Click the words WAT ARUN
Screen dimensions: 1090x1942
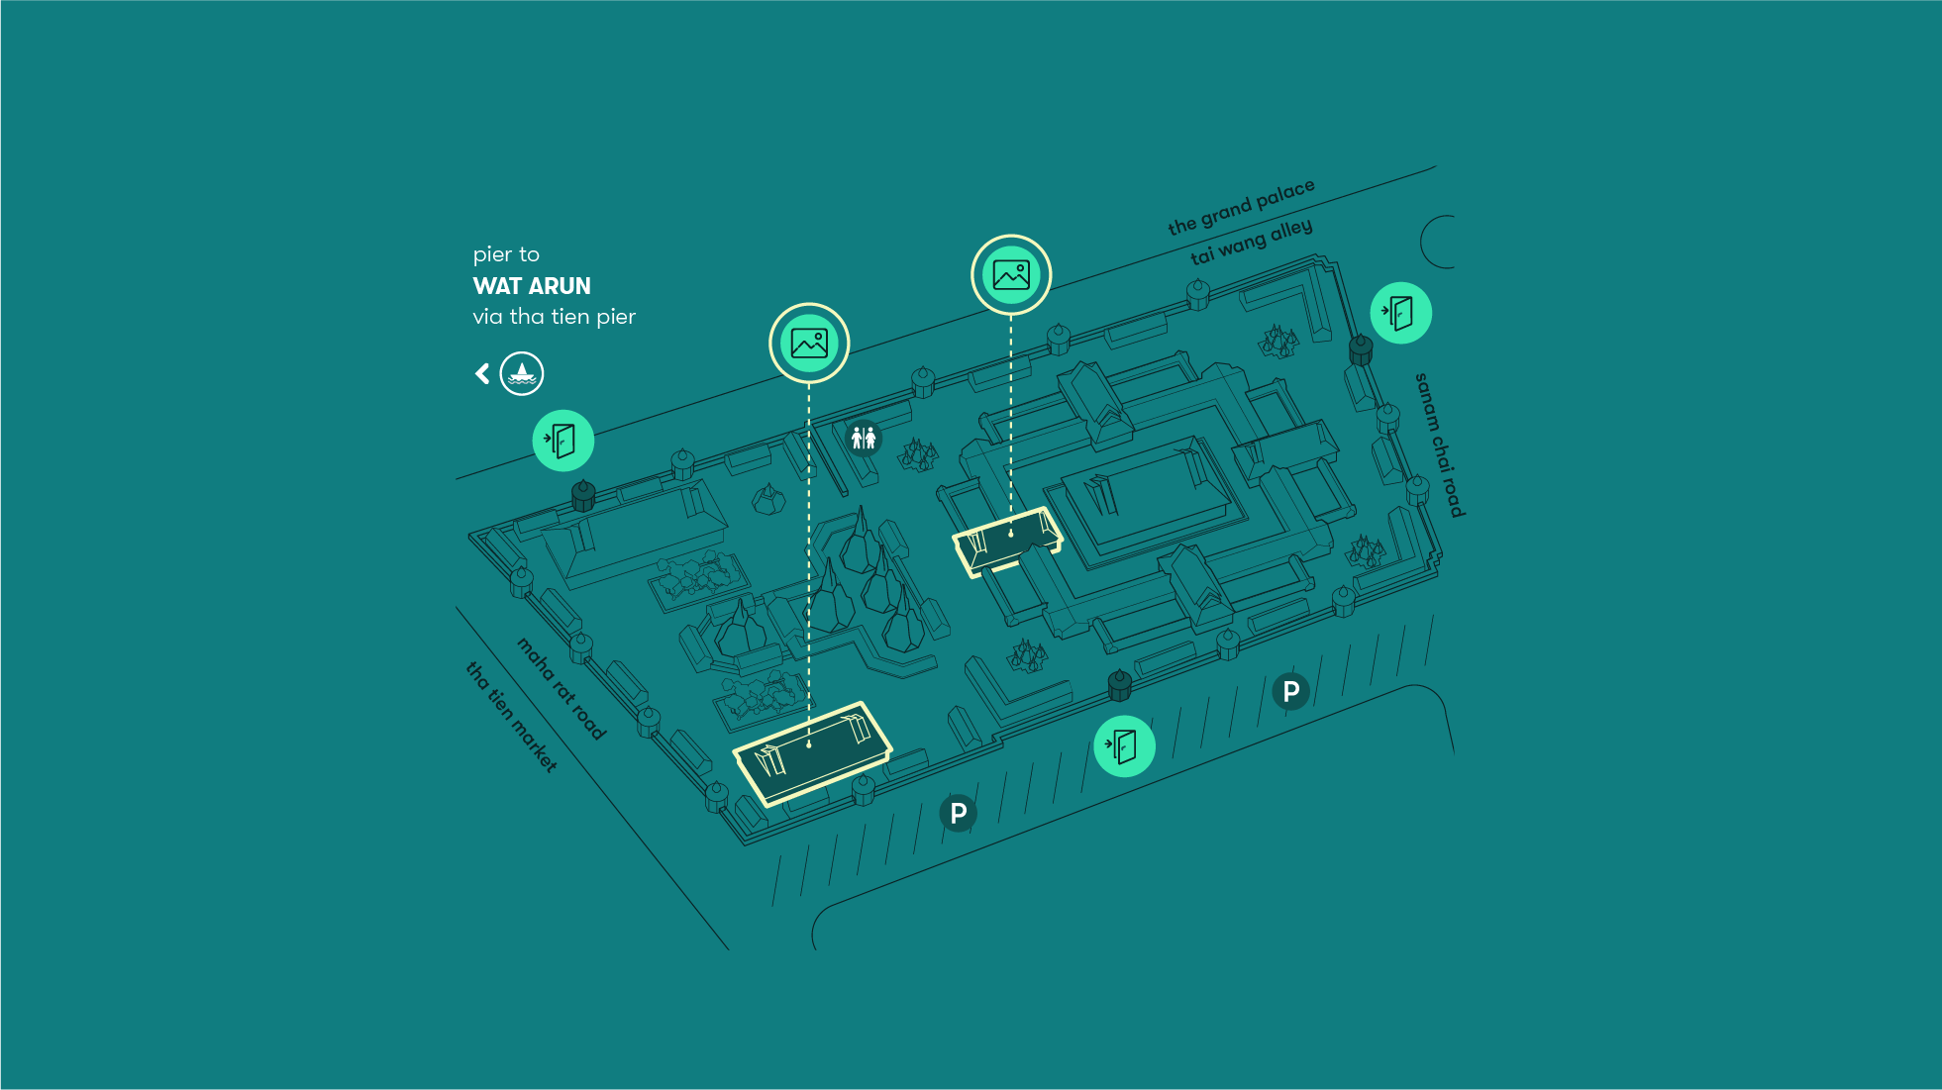tap(532, 286)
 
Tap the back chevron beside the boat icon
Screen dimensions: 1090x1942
tap(482, 373)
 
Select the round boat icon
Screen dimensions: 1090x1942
tap(522, 373)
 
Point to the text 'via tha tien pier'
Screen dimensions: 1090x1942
tap(554, 317)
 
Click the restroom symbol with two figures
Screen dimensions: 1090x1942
tap(864, 437)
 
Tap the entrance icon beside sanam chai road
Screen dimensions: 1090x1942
tap(1400, 313)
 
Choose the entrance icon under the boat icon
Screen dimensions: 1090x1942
tap(562, 441)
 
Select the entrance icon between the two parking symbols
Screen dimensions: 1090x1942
tap(1124, 745)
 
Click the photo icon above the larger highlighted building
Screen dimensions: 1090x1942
tap(809, 344)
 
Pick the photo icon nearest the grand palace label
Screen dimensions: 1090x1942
tap(1011, 274)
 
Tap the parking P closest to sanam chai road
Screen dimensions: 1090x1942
tap(1290, 691)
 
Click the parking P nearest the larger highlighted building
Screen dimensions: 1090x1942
tap(958, 813)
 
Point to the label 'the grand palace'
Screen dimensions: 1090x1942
tap(1241, 208)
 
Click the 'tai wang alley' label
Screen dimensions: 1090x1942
tap(1251, 242)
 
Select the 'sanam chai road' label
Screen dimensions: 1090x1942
tap(1439, 445)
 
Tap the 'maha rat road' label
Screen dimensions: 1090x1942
tap(561, 688)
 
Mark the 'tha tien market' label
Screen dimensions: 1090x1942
tap(511, 717)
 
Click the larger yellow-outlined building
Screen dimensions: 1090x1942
tap(812, 752)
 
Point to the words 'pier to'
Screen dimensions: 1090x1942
tap(506, 254)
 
